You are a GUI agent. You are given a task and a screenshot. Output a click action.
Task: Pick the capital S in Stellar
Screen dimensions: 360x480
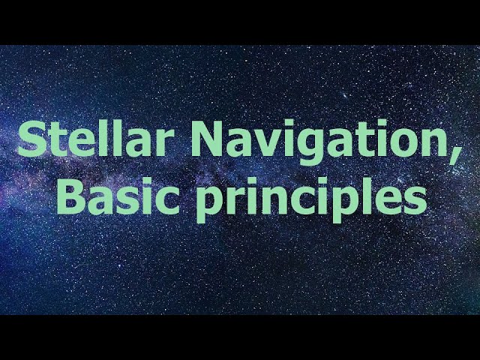pyautogui.click(x=32, y=139)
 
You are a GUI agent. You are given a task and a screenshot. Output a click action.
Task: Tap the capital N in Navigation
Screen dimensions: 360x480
pyautogui.click(x=208, y=139)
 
